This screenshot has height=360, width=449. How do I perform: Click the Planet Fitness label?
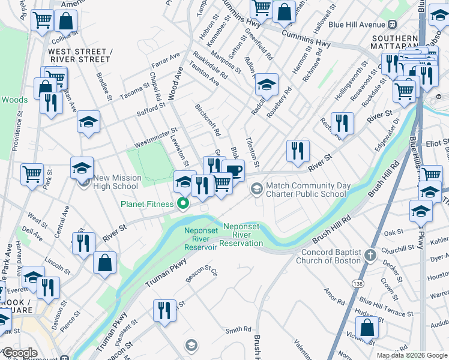[x=146, y=204]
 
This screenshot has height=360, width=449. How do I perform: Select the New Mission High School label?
[x=116, y=182]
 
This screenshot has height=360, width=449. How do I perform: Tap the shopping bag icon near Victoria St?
[x=367, y=328]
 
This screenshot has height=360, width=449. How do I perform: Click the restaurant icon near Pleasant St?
[x=163, y=311]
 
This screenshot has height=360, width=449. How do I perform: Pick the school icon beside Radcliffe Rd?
[x=267, y=85]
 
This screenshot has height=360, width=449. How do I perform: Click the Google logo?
[x=20, y=353]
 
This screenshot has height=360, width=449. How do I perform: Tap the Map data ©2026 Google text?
[x=412, y=355]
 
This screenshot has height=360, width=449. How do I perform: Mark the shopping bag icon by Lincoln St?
[x=104, y=263]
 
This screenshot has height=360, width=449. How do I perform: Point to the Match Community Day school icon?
[x=257, y=190]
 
